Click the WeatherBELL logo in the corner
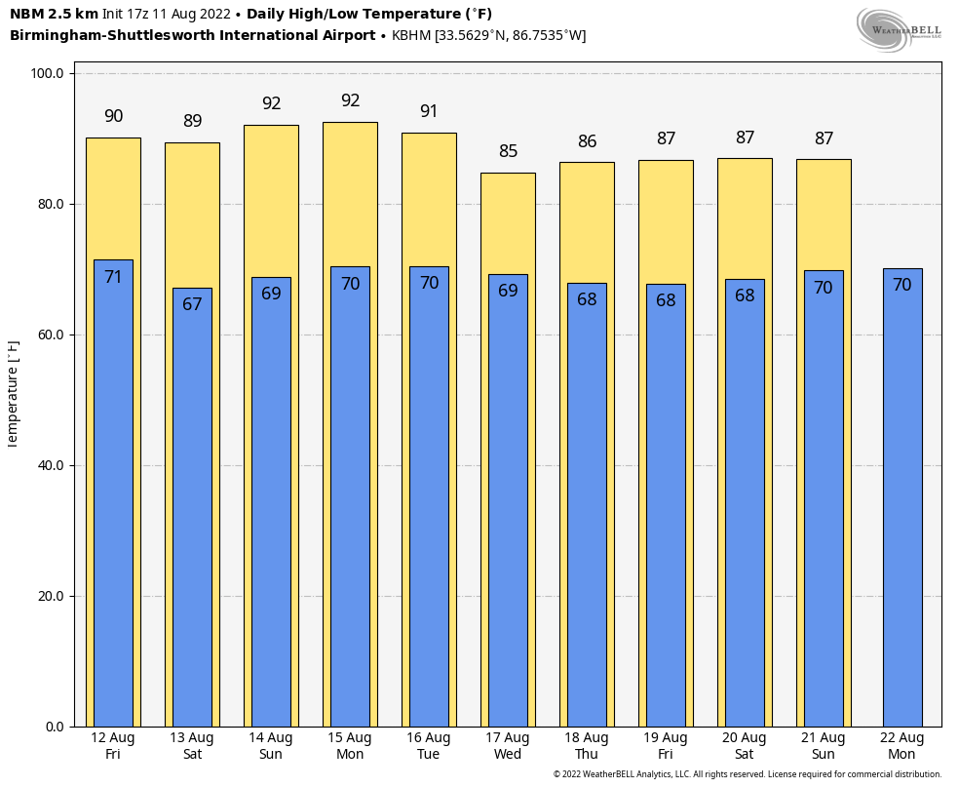pos(899,29)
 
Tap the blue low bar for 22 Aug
pos(901,497)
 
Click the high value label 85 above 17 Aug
pos(508,151)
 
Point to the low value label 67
pos(192,304)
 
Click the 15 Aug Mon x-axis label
pos(350,746)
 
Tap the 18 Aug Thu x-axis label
pos(587,746)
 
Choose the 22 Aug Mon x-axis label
pos(901,746)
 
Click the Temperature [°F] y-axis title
pos(13,393)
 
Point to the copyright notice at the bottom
pos(747,774)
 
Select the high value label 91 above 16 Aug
pos(429,111)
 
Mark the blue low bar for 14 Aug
pos(271,502)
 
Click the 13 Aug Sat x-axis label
pos(192,746)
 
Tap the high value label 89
pos(192,121)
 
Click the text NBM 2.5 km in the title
pos(54,14)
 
